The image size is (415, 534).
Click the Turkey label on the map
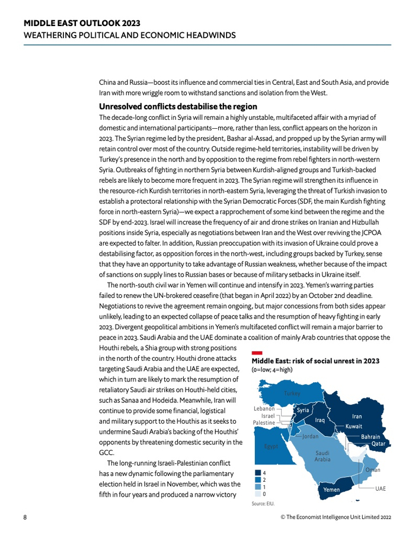tap(292, 393)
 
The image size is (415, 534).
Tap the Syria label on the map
tap(303, 410)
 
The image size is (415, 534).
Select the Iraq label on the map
tap(320, 420)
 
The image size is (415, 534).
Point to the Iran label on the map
tap(356, 417)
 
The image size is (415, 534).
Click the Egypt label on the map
tap(271, 446)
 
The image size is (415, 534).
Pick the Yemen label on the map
tap(331, 490)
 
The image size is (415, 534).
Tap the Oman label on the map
tap(373, 470)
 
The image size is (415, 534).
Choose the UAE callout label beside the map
tap(380, 488)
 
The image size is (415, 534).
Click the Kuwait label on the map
tap(354, 427)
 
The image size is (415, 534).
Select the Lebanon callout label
tap(264, 408)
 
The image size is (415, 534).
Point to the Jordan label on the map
tap(311, 437)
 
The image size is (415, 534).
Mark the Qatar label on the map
tap(378, 444)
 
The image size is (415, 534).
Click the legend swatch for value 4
tap(257, 473)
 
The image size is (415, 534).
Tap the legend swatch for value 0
tap(257, 493)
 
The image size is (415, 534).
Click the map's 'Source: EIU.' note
tap(263, 504)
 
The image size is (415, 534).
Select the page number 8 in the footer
tap(25, 517)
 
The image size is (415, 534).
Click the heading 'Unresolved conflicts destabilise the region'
tap(178, 107)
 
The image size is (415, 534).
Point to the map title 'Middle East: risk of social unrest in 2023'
tap(315, 361)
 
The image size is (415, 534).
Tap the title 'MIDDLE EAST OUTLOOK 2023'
tap(82, 23)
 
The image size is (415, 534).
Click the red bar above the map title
tap(257, 352)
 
